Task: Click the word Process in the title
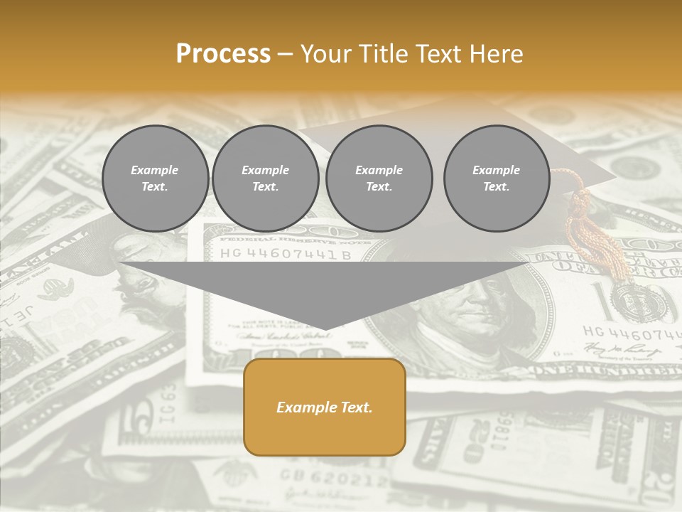tap(223, 54)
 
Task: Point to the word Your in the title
tap(326, 54)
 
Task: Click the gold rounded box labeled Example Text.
tap(325, 407)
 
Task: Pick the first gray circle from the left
tap(155, 178)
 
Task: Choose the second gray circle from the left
tap(265, 178)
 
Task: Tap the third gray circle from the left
tap(379, 178)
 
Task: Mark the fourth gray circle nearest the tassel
tap(496, 178)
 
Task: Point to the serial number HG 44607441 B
tap(285, 254)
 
